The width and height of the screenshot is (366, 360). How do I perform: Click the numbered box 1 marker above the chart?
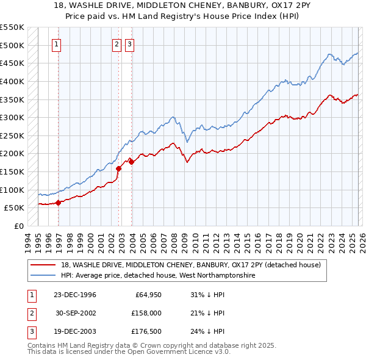[x=56, y=43]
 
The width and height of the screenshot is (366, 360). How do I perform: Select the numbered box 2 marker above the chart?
[x=117, y=43]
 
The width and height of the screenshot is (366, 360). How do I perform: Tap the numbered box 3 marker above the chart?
[x=130, y=43]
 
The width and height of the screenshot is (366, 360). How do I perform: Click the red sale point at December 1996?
[x=59, y=203]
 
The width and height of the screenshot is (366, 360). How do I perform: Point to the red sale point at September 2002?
[x=119, y=168]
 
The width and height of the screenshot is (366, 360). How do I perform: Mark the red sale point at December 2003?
[x=132, y=162]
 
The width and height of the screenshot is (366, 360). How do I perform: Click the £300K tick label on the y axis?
[x=12, y=117]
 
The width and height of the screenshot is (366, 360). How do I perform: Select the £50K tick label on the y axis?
[x=15, y=208]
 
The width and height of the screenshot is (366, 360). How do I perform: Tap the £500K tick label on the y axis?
[x=12, y=45]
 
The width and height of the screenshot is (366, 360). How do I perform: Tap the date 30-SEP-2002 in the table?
[x=76, y=313]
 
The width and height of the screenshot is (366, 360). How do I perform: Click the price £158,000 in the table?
[x=146, y=313]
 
